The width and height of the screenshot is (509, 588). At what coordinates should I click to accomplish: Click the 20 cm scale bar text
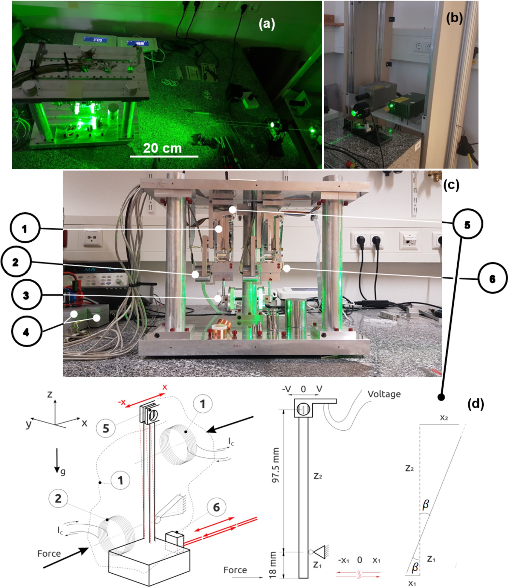click(162, 148)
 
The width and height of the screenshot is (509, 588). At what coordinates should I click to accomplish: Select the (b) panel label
click(454, 18)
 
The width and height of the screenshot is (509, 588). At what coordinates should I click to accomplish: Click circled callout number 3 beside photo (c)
click(26, 295)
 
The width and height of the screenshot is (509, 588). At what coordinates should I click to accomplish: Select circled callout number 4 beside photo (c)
click(26, 332)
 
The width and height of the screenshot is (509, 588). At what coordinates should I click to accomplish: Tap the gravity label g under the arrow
click(63, 472)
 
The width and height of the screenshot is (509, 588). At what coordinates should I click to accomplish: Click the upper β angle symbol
click(425, 504)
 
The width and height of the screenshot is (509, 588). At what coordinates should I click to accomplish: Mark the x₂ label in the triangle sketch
click(444, 418)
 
